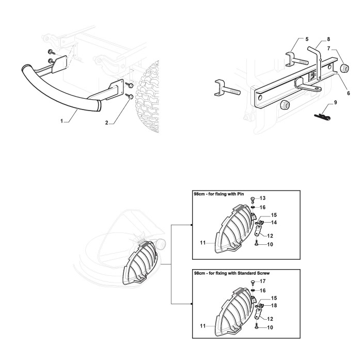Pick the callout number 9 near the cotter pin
tap(336, 103)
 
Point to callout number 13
tap(263, 198)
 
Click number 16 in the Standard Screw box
tap(263, 290)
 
